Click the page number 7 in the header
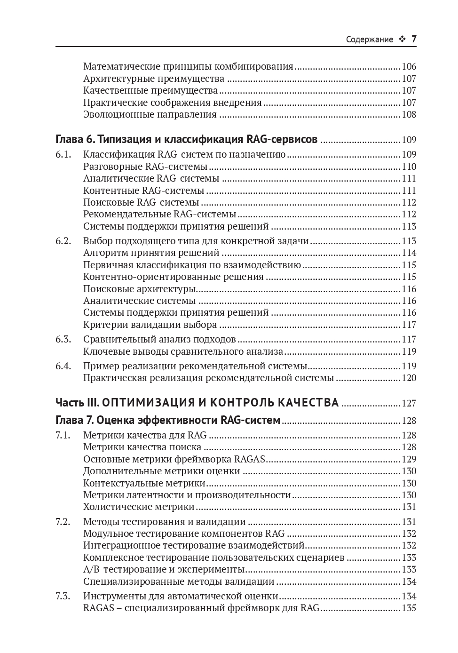[414, 39]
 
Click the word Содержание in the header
[369, 40]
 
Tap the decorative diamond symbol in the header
[402, 40]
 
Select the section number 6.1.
[63, 154]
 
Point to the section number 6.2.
[63, 241]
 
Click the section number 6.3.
[63, 339]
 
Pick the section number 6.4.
[63, 366]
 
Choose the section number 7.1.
[63, 435]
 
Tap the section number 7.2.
[63, 521]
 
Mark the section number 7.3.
[63, 596]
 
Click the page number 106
[409, 67]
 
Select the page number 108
[409, 115]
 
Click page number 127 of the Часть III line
[409, 403]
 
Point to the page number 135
[409, 608]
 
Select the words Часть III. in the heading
[77, 403]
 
